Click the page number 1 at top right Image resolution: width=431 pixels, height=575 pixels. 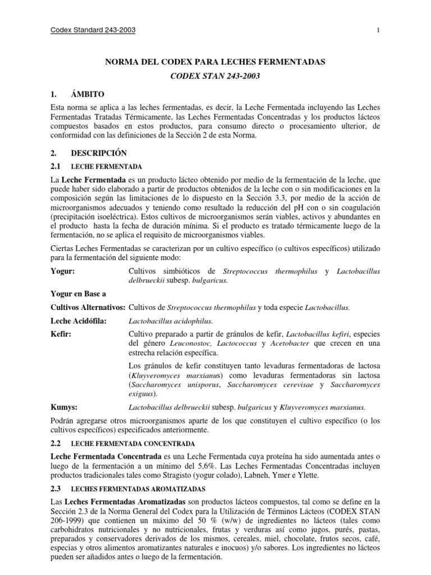(x=379, y=30)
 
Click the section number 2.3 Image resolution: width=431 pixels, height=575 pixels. (x=56, y=489)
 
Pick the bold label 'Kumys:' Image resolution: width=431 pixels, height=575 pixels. (x=64, y=407)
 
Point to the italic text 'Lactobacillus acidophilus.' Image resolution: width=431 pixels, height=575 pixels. (x=171, y=321)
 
